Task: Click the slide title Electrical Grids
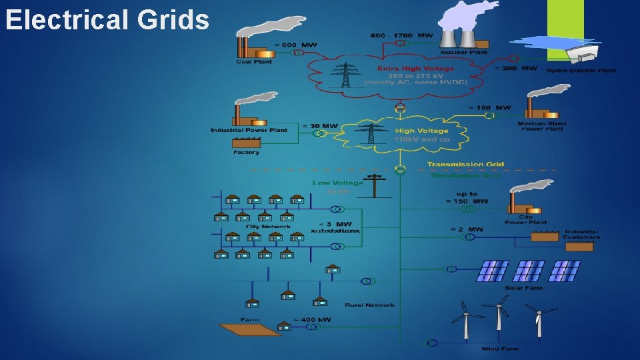point(107,20)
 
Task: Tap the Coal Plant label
point(253,62)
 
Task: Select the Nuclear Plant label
point(464,52)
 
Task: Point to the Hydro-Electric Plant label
point(581,70)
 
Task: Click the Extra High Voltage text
point(415,68)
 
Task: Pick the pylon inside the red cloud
point(345,75)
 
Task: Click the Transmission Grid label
point(465,164)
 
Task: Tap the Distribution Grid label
point(465,175)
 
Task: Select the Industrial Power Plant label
point(249,130)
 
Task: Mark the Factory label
point(246,153)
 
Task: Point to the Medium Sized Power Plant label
point(541,126)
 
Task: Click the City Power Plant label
point(525,219)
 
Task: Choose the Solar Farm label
point(523,288)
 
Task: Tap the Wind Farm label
point(500,349)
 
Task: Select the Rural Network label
point(369,305)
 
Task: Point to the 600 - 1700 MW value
point(403,35)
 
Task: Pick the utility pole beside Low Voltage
point(374,185)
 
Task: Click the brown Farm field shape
point(246,328)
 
